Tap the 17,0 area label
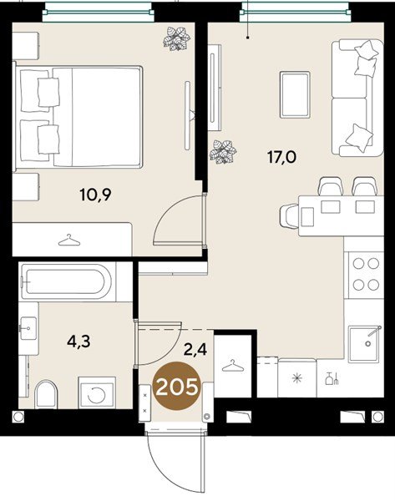click(x=282, y=158)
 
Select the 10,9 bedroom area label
click(x=95, y=195)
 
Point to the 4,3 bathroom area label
click(x=78, y=341)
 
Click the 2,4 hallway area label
click(x=195, y=349)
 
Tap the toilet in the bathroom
click(x=46, y=394)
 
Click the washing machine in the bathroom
click(x=97, y=392)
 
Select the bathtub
click(x=65, y=281)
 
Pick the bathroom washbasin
click(x=28, y=328)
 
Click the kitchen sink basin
click(x=364, y=344)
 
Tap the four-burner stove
click(x=366, y=275)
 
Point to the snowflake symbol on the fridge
click(x=297, y=379)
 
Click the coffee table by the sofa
click(x=295, y=94)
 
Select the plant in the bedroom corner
click(x=176, y=38)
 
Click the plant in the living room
click(x=223, y=152)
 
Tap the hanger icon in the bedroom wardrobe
click(x=69, y=240)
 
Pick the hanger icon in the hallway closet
click(x=233, y=366)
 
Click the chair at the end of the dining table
click(x=289, y=216)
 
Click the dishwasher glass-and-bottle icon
click(x=332, y=378)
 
